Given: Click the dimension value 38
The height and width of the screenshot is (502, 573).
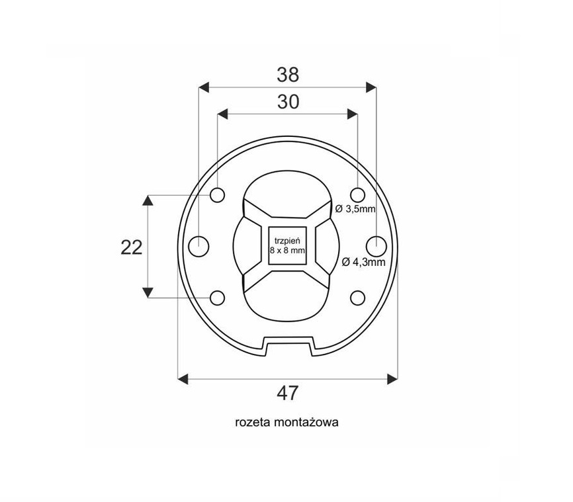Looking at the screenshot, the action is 288,75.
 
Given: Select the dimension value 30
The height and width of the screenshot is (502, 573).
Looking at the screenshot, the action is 288,102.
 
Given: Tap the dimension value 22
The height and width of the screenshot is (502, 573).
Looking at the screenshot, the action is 131,248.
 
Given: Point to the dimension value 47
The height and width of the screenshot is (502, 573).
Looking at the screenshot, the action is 288,394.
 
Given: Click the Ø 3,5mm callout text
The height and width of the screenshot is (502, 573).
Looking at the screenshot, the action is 355,209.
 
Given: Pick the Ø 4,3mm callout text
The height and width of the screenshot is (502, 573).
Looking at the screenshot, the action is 364,262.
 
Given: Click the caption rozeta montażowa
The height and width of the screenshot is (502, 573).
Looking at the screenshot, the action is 287,423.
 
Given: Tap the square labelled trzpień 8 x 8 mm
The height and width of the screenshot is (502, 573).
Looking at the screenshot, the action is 287,245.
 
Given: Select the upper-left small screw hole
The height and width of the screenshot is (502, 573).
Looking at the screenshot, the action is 218,195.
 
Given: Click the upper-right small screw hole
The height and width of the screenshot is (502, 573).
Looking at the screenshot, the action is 358,195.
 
